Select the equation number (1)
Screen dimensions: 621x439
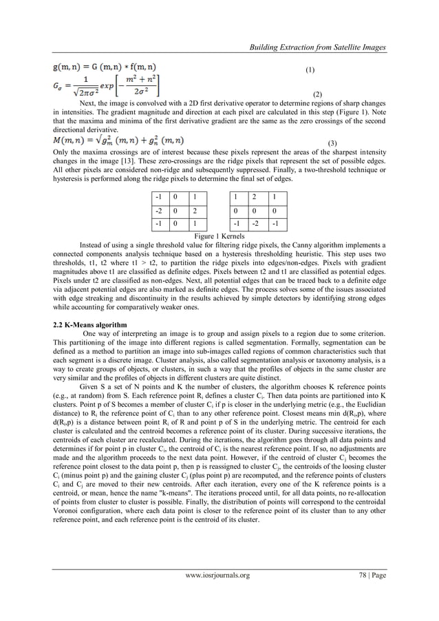[x=310, y=70]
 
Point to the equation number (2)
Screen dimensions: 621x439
[x=317, y=93]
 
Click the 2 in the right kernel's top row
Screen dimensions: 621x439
[x=259, y=197]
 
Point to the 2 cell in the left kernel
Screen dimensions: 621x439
[x=196, y=211]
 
